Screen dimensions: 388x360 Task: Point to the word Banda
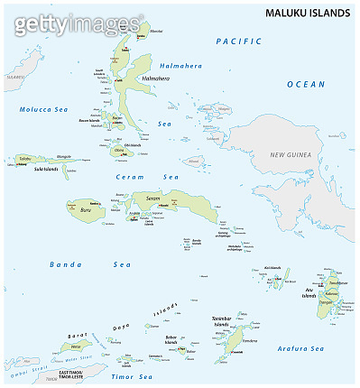[62, 264]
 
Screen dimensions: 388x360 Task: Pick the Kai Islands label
[273, 268]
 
